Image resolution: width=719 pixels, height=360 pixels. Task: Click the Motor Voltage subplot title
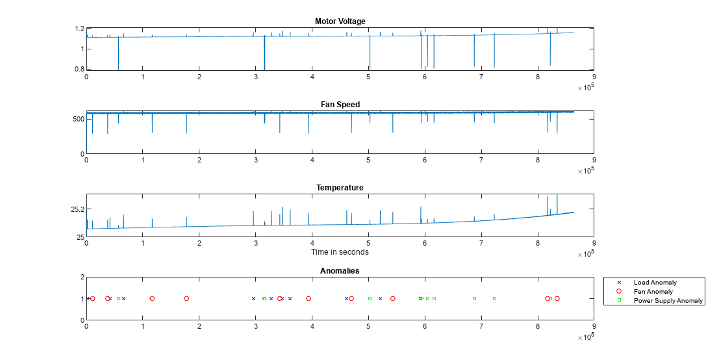coord(340,21)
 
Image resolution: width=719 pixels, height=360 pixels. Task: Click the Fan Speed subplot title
coord(340,105)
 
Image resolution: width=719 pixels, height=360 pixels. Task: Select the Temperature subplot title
coord(340,188)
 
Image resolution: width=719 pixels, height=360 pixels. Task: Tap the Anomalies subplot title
coord(340,271)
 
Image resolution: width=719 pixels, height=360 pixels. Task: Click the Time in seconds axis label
coord(340,252)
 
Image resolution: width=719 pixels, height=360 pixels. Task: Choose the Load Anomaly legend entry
coord(655,283)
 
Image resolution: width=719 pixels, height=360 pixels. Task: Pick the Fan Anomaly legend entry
coord(653,292)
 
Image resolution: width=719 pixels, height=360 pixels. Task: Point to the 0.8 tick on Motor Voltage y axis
coord(81,69)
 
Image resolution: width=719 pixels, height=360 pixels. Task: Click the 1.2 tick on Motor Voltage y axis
coord(81,29)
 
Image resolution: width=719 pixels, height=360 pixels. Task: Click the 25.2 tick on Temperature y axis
coord(77,209)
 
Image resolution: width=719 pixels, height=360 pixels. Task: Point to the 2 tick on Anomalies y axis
coord(82,277)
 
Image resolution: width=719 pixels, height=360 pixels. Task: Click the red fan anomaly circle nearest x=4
coord(309,299)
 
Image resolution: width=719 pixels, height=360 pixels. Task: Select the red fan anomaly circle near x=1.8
coord(186,299)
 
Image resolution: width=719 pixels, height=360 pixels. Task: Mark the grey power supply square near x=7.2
coord(494,299)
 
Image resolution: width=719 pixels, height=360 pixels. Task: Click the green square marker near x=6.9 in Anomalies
coord(474,299)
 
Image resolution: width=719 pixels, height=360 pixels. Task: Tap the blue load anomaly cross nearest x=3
coord(253,299)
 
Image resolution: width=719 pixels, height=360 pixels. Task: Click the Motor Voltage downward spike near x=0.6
coord(118,58)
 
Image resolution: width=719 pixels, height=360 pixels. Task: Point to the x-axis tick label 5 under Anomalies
coord(368,326)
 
